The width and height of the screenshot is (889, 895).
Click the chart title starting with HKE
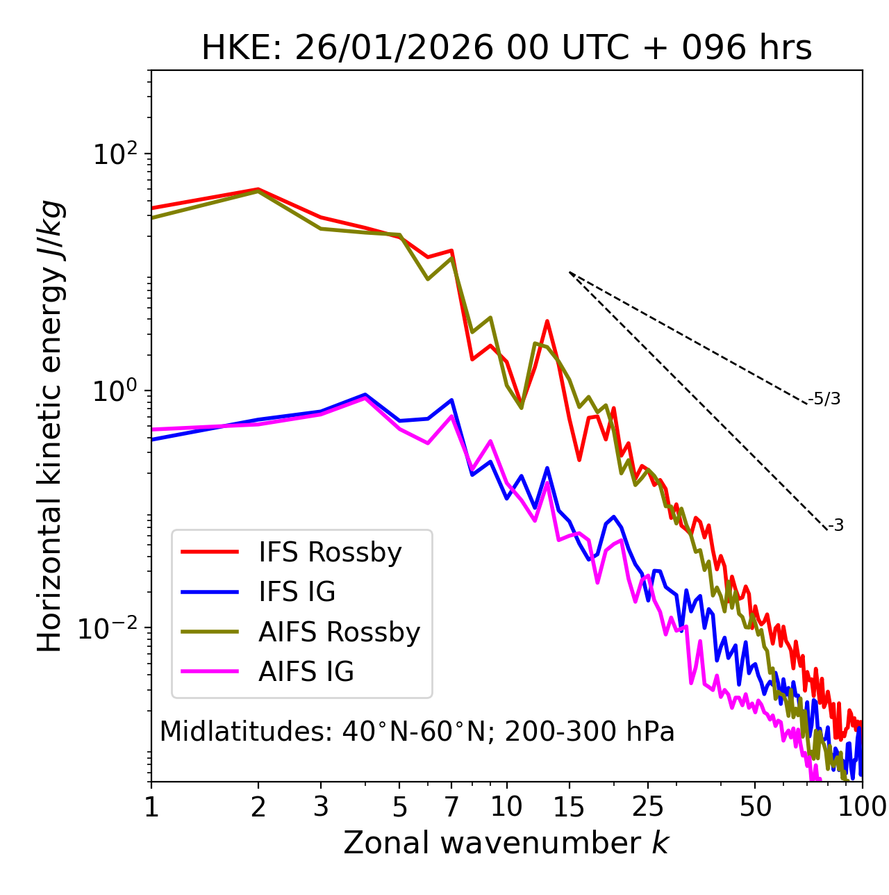click(506, 48)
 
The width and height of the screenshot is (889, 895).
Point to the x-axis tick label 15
click(570, 807)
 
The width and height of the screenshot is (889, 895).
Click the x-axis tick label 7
click(451, 807)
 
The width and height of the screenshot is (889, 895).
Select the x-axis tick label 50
click(756, 807)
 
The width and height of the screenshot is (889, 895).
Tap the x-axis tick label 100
click(862, 807)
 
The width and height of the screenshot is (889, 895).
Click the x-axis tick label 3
click(321, 807)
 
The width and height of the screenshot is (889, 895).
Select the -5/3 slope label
click(824, 399)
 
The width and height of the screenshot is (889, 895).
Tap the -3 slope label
click(836, 526)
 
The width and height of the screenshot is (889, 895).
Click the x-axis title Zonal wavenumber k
click(506, 843)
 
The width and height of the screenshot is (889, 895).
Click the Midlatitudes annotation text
click(417, 732)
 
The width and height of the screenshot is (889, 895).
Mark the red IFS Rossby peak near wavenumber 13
click(547, 321)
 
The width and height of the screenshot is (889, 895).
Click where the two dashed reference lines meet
click(570, 272)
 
